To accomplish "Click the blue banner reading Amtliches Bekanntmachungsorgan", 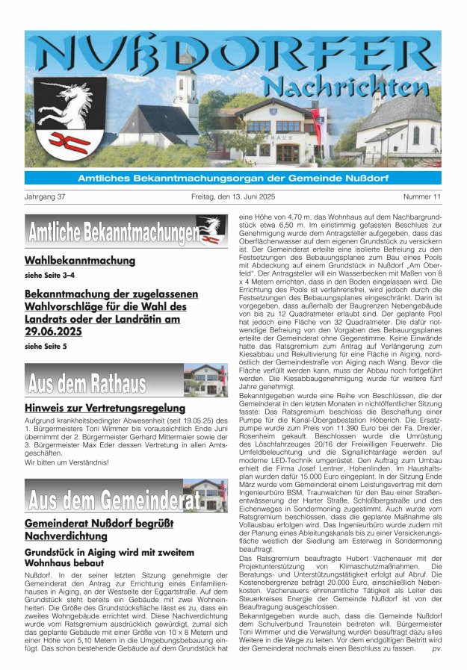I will coord(233,178).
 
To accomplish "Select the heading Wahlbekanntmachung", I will coord(80,261).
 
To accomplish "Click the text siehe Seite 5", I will coord(46,347).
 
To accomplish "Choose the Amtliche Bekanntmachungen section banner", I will coord(126,232).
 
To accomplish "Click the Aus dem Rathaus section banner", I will coord(126,381).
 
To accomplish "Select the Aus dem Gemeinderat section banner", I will coord(126,496).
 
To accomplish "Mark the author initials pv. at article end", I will coord(436,648).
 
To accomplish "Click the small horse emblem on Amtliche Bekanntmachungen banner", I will coord(210,227).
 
